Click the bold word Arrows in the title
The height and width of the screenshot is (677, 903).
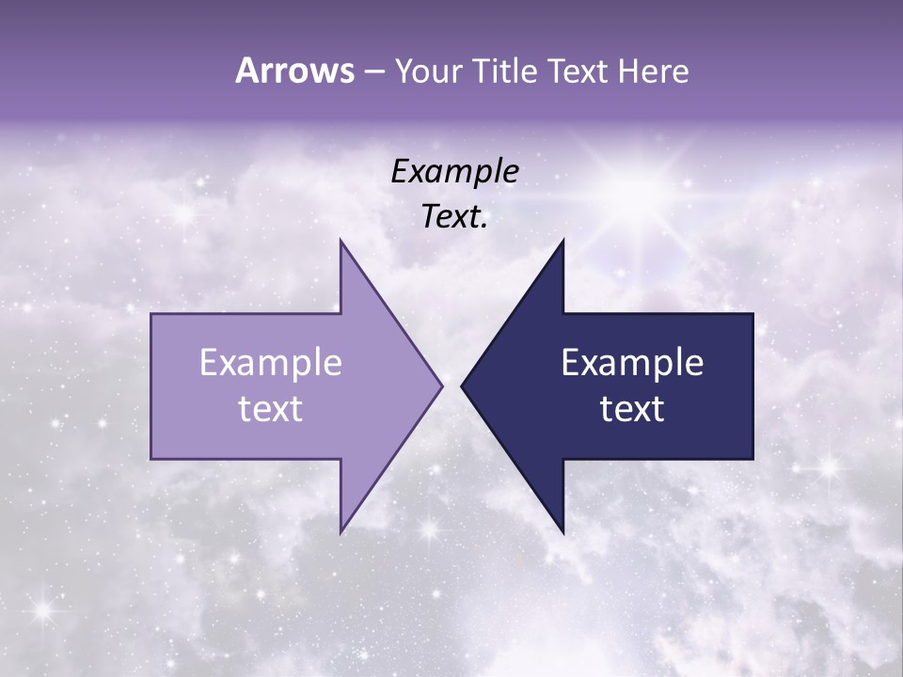pos(294,71)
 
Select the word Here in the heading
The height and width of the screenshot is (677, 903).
pos(652,71)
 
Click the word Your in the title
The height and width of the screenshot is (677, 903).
pos(429,71)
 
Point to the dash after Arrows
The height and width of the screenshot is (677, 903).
pos(373,72)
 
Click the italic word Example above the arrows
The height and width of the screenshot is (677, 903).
pos(454,171)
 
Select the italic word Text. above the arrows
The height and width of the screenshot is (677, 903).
pos(454,216)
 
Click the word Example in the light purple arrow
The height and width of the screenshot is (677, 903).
pos(271,362)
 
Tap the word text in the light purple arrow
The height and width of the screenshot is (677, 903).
pos(271,408)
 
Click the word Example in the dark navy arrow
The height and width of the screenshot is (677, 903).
pos(632,362)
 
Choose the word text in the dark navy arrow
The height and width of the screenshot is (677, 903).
pos(632,408)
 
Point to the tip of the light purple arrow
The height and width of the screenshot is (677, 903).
pos(440,386)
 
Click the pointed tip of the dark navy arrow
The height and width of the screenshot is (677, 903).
pos(463,386)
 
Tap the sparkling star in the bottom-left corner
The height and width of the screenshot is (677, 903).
pos(41,611)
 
